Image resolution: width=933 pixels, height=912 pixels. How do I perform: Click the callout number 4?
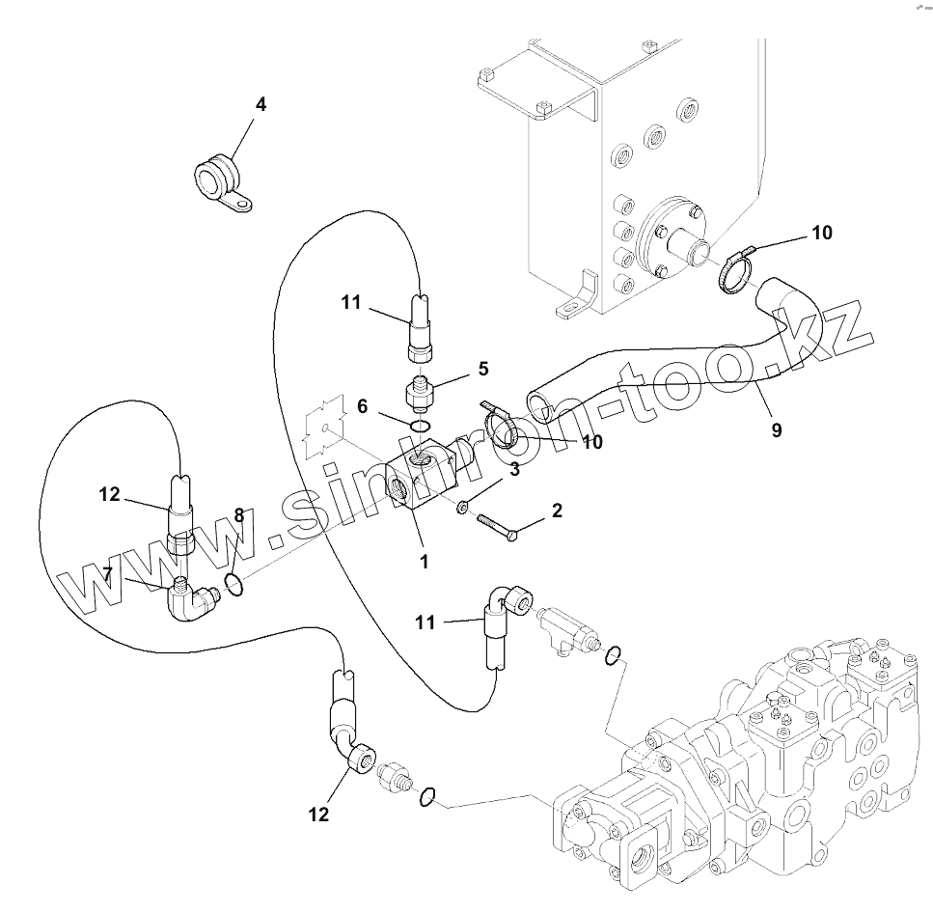point(261,105)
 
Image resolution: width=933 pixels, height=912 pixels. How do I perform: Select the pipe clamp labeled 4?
point(222,180)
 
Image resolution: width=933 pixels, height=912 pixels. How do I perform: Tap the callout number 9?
point(777,429)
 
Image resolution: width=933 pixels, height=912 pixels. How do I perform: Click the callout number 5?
point(483,369)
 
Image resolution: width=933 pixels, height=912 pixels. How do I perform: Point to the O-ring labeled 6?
point(422,426)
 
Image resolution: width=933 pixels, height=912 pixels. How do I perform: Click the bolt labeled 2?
point(497,528)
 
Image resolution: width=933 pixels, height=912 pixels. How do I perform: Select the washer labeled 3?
point(461,508)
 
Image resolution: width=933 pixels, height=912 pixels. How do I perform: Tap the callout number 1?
point(424,562)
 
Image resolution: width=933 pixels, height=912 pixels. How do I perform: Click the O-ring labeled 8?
point(234,584)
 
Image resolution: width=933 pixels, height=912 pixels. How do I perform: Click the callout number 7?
point(107,574)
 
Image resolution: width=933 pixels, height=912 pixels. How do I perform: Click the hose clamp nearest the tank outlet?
point(736,271)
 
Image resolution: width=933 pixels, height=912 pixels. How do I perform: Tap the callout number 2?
point(557,511)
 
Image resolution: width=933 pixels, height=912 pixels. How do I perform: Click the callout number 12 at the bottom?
point(318,815)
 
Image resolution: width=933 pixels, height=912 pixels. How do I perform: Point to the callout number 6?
point(363,406)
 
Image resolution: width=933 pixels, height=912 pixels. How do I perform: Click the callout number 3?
point(514,469)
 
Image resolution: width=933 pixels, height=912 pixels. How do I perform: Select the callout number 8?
point(239,515)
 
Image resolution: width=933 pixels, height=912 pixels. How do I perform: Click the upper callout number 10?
point(822,233)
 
